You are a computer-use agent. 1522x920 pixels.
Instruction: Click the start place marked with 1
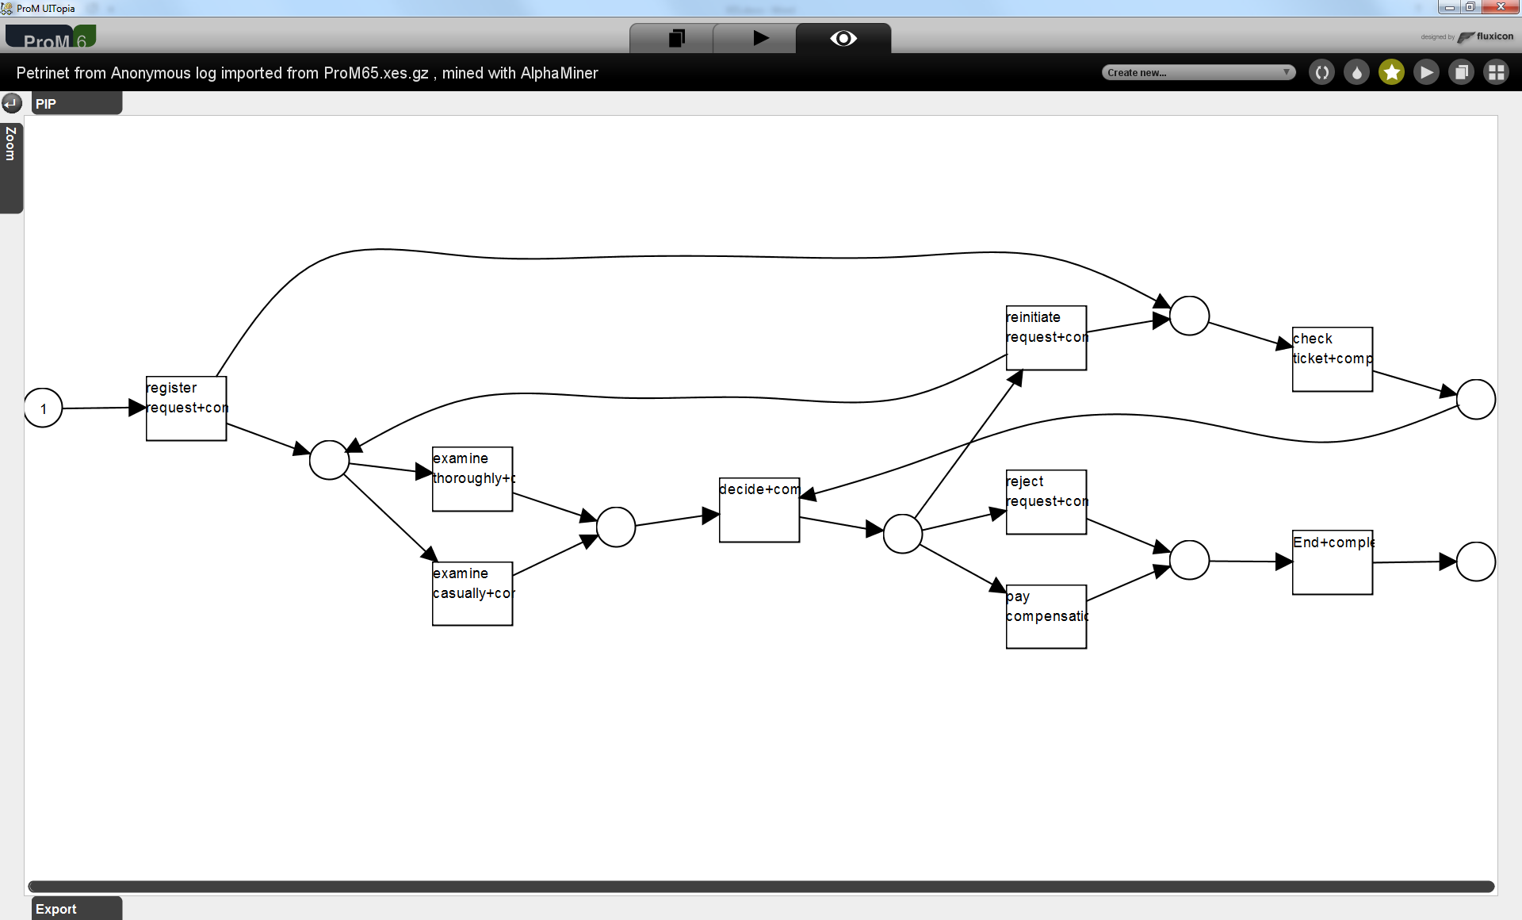(x=44, y=408)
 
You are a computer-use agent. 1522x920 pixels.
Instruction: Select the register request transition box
(x=186, y=408)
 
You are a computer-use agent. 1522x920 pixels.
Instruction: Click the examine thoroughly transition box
(x=472, y=479)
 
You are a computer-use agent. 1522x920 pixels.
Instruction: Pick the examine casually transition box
(x=472, y=593)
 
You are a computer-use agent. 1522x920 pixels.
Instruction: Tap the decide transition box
(x=759, y=510)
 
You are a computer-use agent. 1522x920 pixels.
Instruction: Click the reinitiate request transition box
(x=1046, y=338)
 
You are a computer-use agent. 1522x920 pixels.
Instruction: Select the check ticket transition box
(x=1333, y=359)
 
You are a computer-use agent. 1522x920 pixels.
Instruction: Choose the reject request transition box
(x=1046, y=502)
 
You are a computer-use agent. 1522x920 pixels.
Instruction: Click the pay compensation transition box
(x=1046, y=616)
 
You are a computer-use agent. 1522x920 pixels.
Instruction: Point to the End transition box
(x=1333, y=562)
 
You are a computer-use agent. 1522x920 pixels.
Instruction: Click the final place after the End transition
(x=1476, y=562)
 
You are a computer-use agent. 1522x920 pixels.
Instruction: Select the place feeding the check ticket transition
(x=1189, y=316)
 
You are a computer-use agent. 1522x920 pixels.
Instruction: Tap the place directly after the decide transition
(x=902, y=534)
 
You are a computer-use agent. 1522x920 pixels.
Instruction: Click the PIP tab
(x=76, y=104)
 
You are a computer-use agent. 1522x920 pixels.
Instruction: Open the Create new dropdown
(x=1198, y=73)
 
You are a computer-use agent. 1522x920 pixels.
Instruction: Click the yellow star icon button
(x=1391, y=73)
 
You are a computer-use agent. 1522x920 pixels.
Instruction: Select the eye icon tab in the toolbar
(x=843, y=39)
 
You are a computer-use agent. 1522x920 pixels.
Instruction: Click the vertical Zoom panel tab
(x=11, y=167)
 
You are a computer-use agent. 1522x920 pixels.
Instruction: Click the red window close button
(x=1500, y=7)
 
